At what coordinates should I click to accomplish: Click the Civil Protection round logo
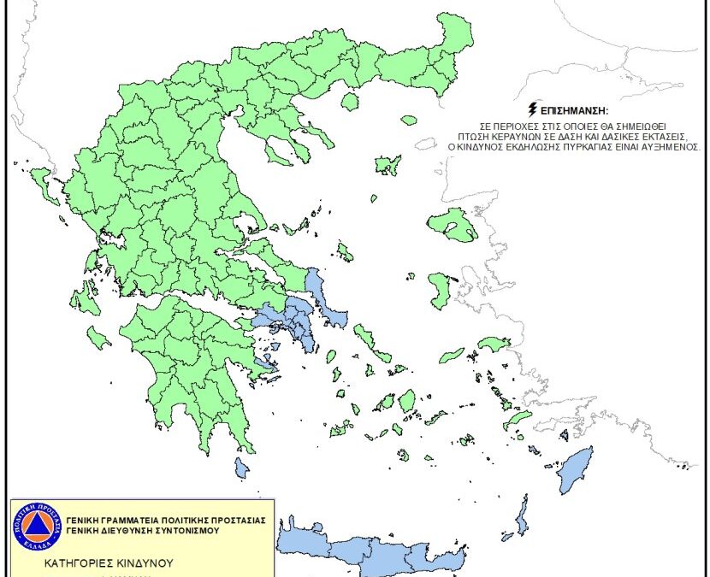(x=37, y=524)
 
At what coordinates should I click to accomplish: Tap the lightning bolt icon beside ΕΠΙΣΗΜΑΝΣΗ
(x=535, y=109)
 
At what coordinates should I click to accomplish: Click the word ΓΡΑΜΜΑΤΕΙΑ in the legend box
(x=131, y=519)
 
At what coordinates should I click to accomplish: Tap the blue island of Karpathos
(x=520, y=516)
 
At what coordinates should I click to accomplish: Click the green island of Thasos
(x=349, y=102)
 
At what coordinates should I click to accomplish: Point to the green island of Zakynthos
(x=98, y=339)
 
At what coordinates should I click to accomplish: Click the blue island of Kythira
(x=242, y=468)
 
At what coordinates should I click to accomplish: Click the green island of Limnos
(x=388, y=165)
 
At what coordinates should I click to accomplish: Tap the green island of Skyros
(x=345, y=251)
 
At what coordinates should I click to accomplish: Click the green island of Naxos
(x=407, y=400)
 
